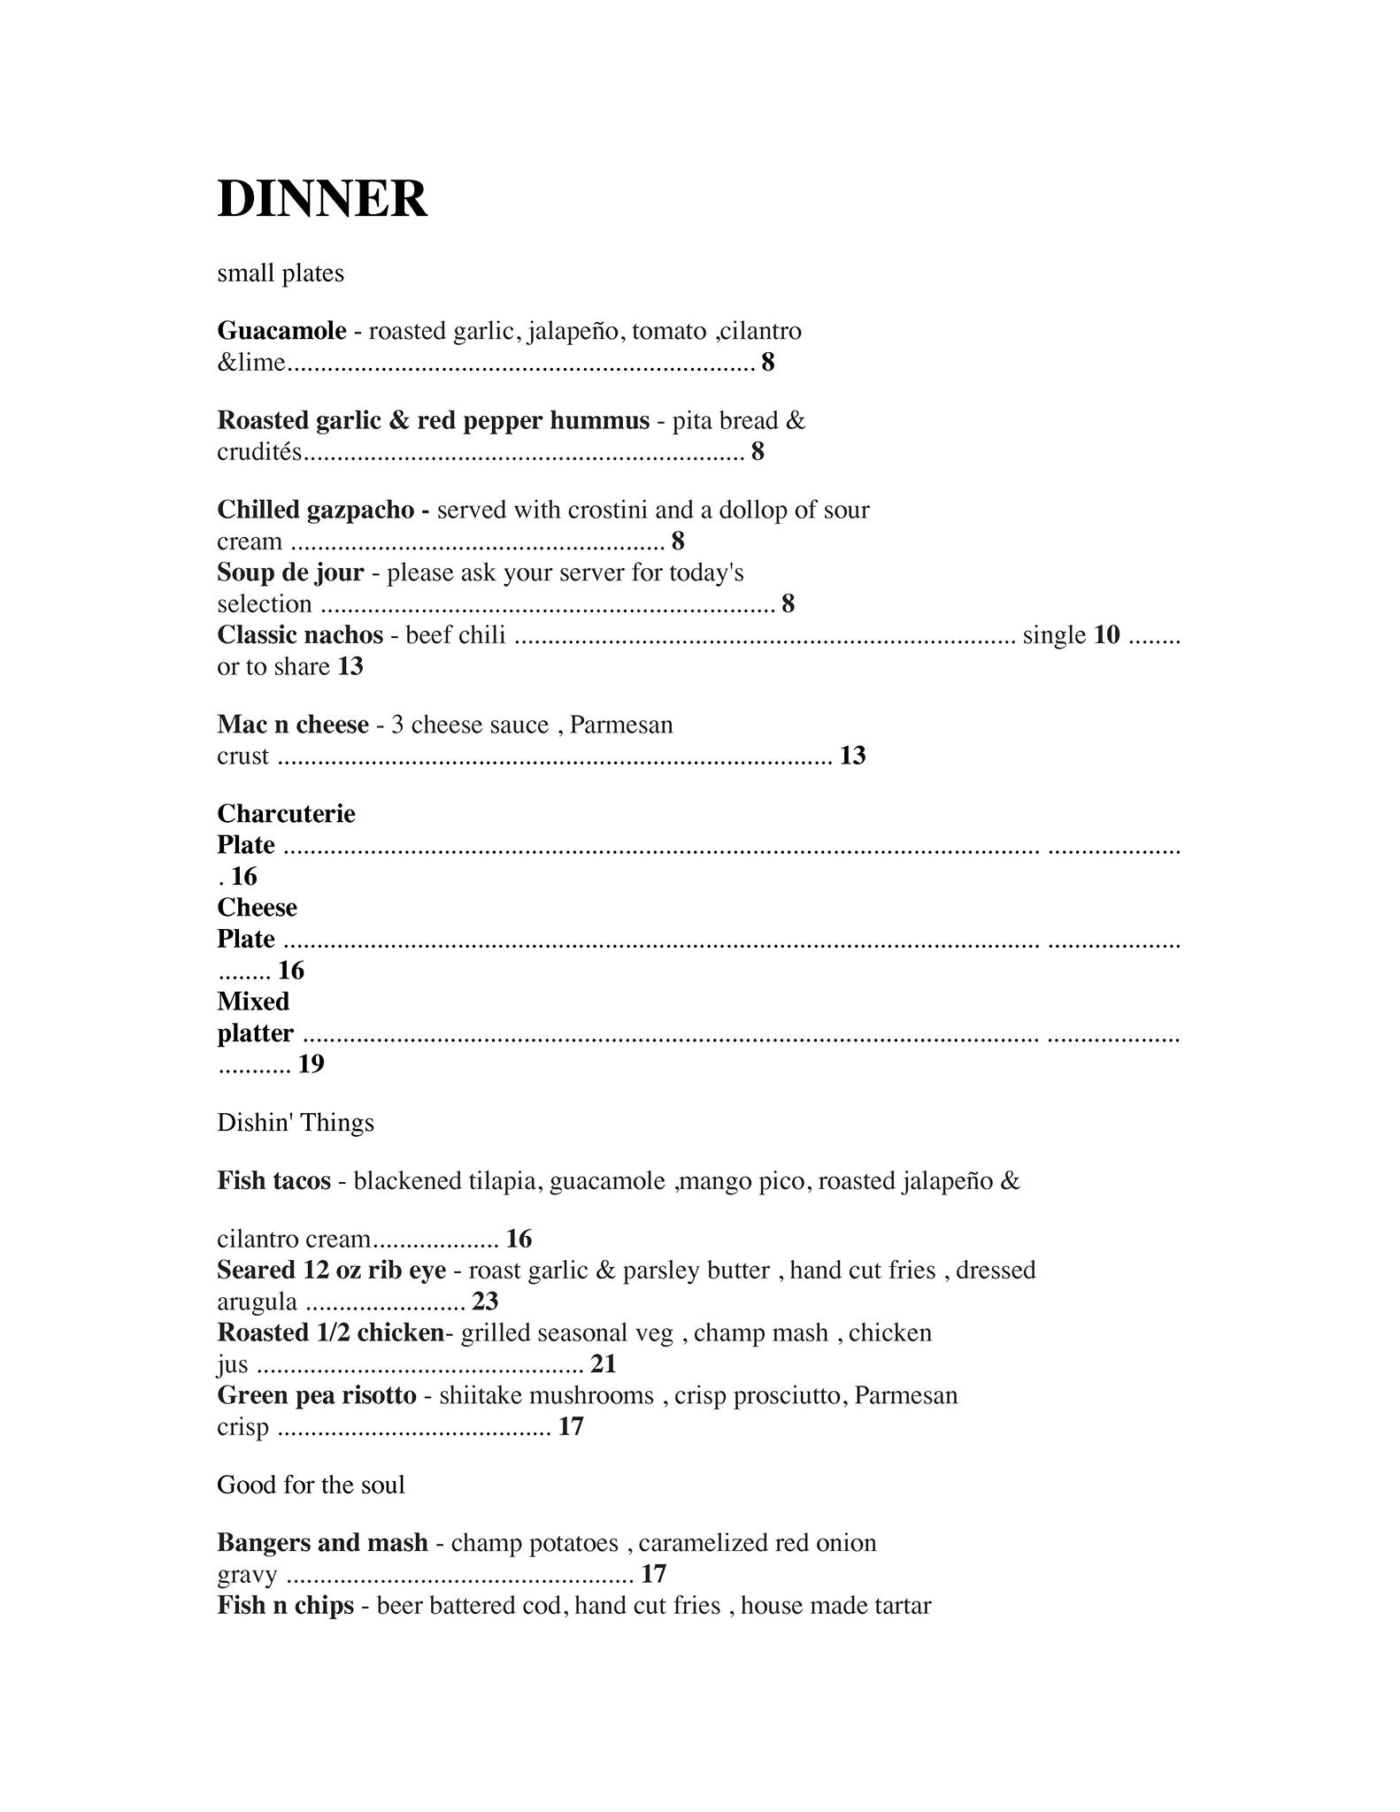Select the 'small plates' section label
(x=281, y=273)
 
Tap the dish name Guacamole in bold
(x=281, y=331)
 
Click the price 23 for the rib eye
(x=485, y=1301)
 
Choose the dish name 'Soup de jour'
(x=290, y=572)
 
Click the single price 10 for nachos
(x=1106, y=635)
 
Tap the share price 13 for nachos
(x=350, y=666)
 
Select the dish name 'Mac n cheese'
(x=293, y=725)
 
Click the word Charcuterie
(x=286, y=814)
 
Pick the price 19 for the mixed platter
(x=312, y=1064)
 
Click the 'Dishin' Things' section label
(x=296, y=1123)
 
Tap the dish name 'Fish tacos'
(x=274, y=1181)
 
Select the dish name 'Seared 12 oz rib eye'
(x=332, y=1271)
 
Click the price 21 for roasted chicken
(x=603, y=1364)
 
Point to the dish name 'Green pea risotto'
(x=317, y=1395)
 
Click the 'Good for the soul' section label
(x=311, y=1485)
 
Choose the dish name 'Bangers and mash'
(x=322, y=1543)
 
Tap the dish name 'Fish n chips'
(x=286, y=1606)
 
